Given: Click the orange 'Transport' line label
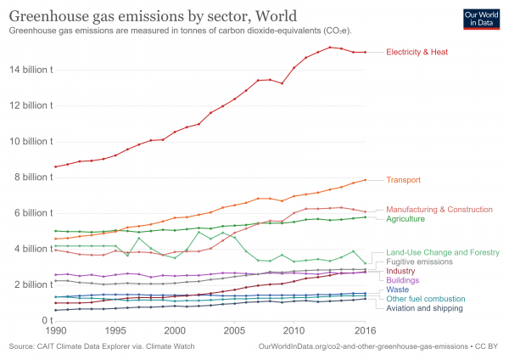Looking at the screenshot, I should click(x=404, y=180).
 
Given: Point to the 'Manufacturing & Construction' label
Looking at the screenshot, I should click(x=439, y=209).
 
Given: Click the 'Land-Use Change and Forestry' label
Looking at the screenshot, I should click(x=441, y=253).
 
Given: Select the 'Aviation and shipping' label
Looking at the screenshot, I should click(x=425, y=308).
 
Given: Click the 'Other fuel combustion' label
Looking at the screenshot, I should click(x=426, y=299).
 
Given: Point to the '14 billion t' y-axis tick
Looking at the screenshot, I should click(x=28, y=70).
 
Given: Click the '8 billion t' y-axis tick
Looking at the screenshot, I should click(x=31, y=177).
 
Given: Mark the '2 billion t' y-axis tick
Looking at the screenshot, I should click(x=31, y=284).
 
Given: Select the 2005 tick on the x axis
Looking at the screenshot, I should click(x=234, y=329).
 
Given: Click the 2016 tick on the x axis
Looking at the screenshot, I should click(x=365, y=329).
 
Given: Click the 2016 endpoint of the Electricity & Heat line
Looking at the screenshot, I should click(x=365, y=53).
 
